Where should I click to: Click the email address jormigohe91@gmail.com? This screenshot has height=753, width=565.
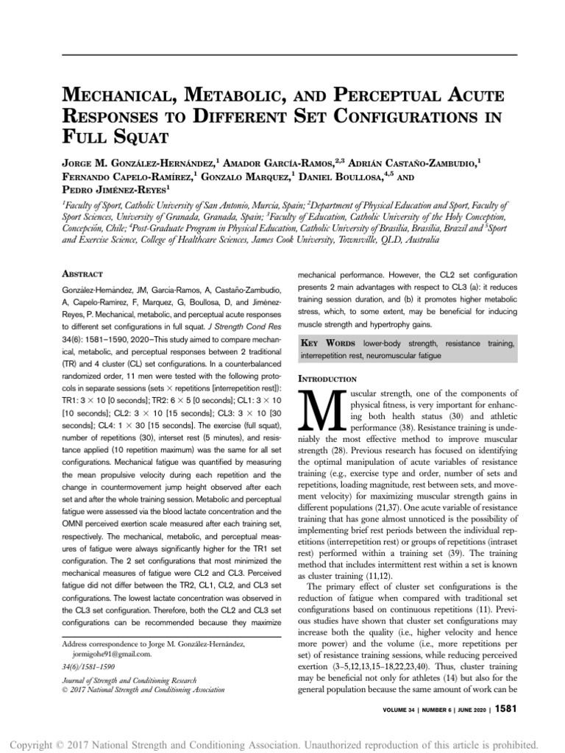(x=113, y=652)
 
